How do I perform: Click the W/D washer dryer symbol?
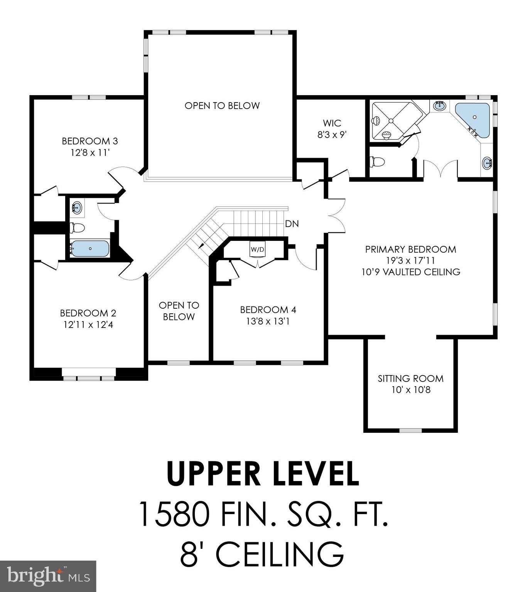(257, 249)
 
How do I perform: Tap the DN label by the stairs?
(292, 224)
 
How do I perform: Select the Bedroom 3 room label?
(90, 141)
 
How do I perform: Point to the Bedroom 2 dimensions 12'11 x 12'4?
(88, 325)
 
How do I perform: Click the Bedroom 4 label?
(268, 309)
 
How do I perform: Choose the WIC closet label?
(332, 123)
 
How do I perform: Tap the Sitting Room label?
(410, 378)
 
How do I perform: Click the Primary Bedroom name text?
(410, 249)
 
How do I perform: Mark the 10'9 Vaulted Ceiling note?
(410, 272)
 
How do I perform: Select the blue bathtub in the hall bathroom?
(90, 249)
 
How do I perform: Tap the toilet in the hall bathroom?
(77, 228)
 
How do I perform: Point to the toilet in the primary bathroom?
(377, 162)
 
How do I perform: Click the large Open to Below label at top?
(222, 106)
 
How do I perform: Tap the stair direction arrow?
(201, 245)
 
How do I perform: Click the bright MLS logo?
(48, 576)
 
